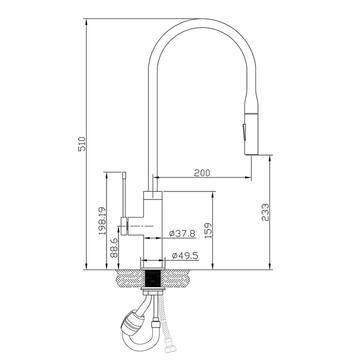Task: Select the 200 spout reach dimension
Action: coord(201,172)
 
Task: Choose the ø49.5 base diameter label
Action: coord(185,255)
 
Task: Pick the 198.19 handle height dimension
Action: coord(102,221)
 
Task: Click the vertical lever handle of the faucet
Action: coord(123,195)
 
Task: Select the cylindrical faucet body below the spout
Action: coord(153,225)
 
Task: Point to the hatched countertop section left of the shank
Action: coord(129,278)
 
